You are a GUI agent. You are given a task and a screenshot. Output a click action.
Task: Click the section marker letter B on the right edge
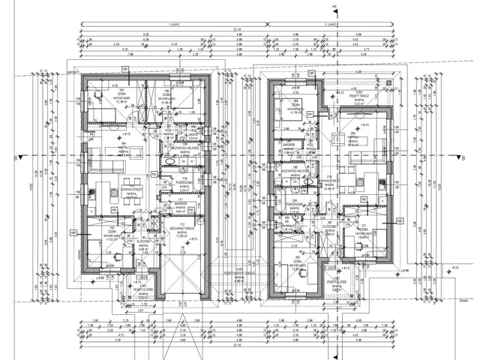coord(464,157)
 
